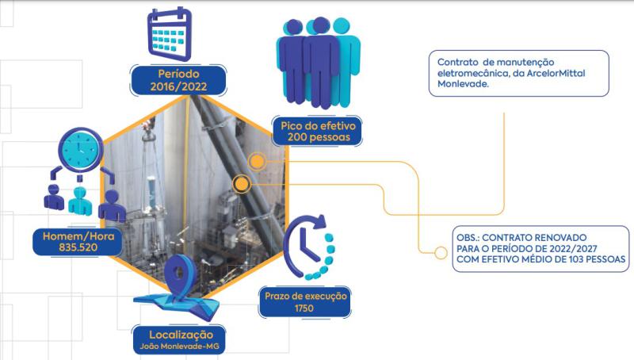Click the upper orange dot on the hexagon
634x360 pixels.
pos(257,162)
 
